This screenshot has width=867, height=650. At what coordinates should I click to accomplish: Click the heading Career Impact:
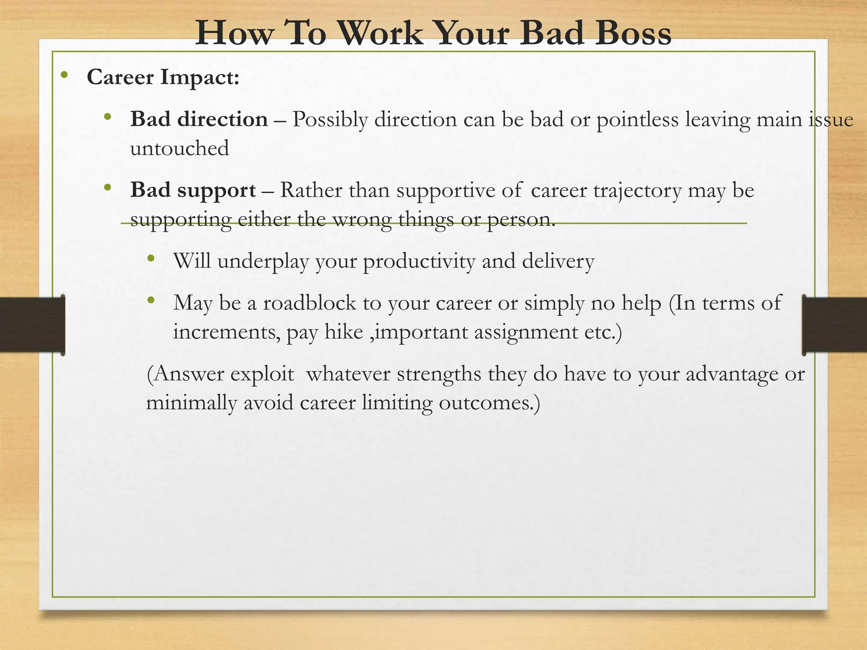click(163, 77)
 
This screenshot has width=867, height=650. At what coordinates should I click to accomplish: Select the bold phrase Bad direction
click(199, 119)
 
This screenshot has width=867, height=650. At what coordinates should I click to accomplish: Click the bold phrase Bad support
click(193, 190)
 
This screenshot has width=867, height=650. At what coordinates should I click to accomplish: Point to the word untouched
click(179, 149)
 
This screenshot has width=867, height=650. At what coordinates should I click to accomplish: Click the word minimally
click(191, 403)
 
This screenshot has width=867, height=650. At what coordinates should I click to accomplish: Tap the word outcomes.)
click(489, 403)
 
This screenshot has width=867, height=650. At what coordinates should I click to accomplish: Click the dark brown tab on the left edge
click(32, 325)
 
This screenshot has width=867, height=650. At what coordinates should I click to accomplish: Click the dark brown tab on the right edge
click(834, 325)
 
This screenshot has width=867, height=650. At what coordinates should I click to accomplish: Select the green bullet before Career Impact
click(64, 75)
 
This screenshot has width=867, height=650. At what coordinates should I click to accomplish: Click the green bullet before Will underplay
click(151, 259)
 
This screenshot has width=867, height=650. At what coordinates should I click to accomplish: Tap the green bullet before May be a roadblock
click(151, 301)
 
